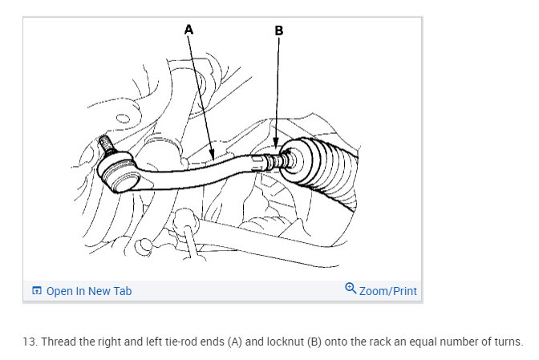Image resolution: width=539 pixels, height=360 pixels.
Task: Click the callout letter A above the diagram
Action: [x=189, y=29]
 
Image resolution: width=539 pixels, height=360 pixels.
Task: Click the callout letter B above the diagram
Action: [x=279, y=30]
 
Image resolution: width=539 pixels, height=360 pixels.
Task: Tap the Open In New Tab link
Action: [x=88, y=291]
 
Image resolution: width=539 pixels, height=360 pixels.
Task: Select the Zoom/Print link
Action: [x=388, y=291]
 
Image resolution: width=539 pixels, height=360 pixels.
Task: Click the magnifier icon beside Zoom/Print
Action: [x=351, y=289]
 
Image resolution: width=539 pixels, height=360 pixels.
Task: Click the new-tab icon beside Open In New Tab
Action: [x=36, y=291]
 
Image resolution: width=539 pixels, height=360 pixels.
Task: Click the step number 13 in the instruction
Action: [x=29, y=341]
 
